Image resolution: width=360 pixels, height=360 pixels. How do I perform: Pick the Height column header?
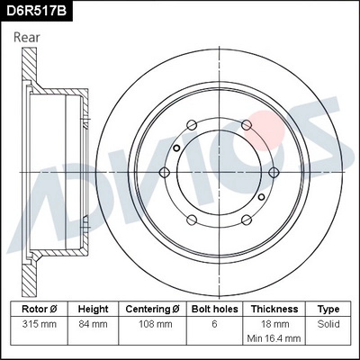(x=94, y=309)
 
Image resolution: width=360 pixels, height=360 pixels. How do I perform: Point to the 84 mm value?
(x=94, y=323)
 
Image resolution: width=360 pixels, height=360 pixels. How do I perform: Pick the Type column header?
(x=328, y=309)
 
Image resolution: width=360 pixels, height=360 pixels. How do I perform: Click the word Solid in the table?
(x=328, y=323)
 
